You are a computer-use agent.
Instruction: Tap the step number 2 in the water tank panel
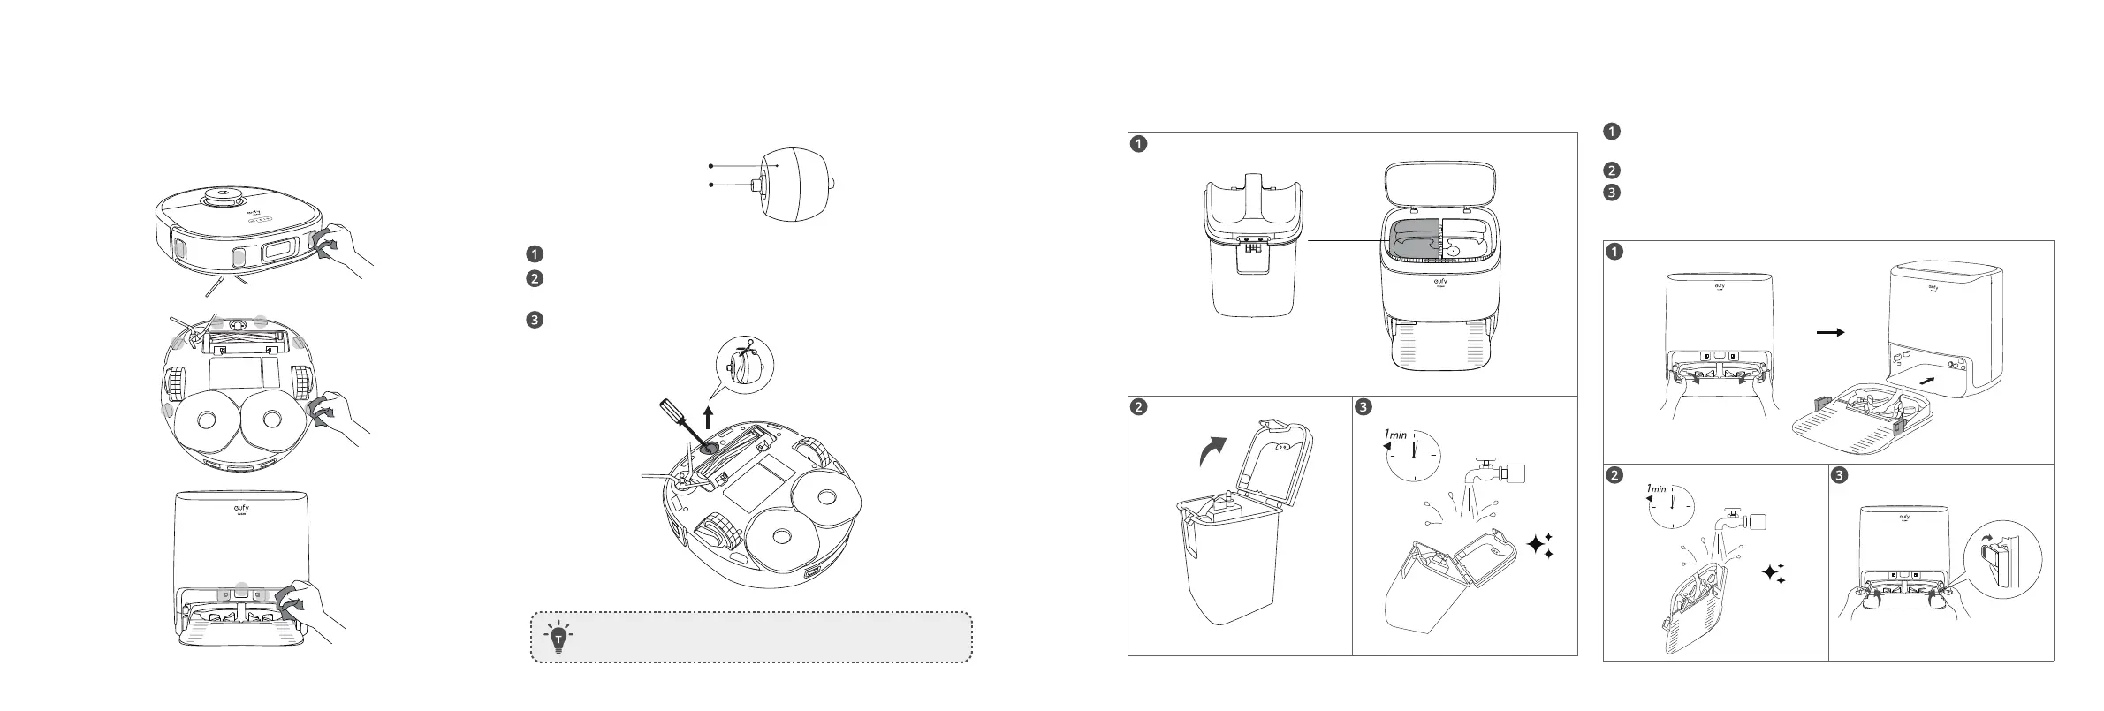tap(1140, 407)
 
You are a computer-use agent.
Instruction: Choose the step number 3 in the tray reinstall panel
tap(1839, 475)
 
